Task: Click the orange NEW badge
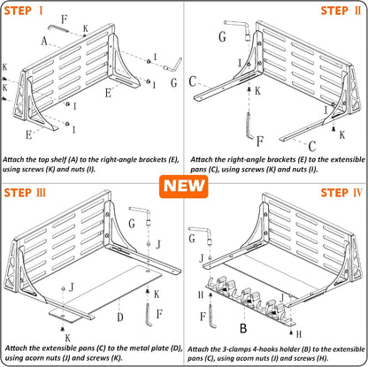(x=183, y=187)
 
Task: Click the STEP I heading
(x=24, y=11)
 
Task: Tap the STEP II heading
(x=341, y=11)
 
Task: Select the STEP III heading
(x=25, y=193)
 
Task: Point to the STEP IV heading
(x=341, y=193)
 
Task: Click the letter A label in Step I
(x=44, y=41)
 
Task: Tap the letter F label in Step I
(x=65, y=19)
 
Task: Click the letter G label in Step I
(x=174, y=82)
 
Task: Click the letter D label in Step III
(x=120, y=317)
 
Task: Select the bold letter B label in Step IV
(x=243, y=328)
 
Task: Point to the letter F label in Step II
(x=259, y=141)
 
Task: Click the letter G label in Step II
(x=222, y=36)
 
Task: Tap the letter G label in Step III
(x=132, y=223)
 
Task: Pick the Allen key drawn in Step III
(x=149, y=315)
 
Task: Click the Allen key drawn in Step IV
(x=212, y=317)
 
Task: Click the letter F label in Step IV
(x=203, y=317)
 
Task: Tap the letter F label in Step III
(x=159, y=314)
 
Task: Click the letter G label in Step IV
(x=192, y=238)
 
